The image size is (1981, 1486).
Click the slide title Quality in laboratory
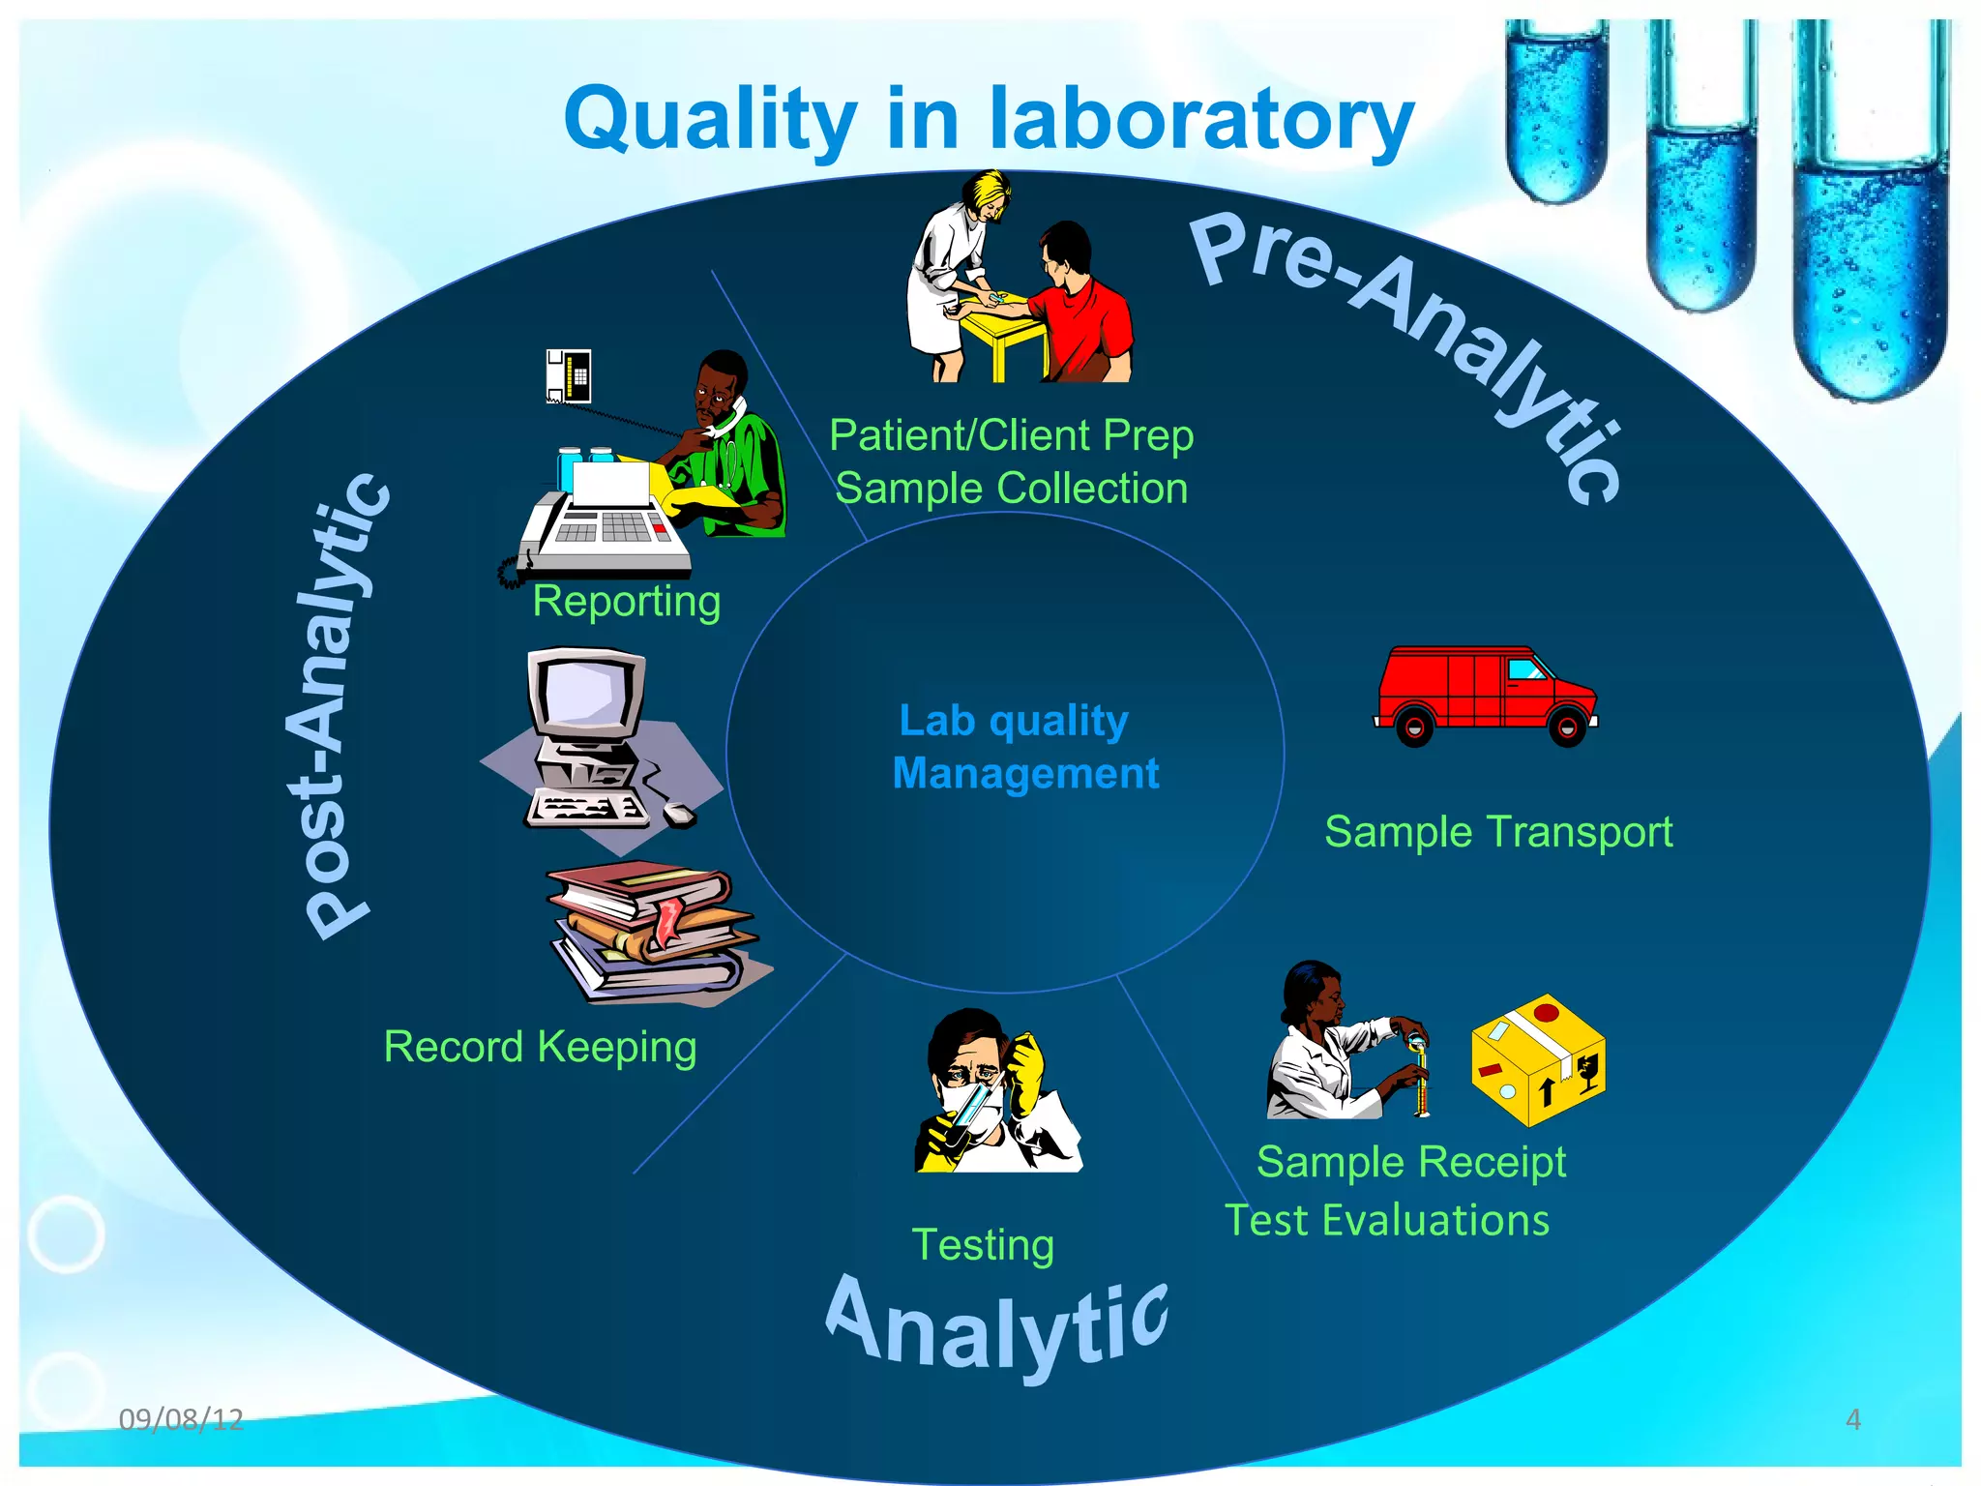click(x=989, y=119)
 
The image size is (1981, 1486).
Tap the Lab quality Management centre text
click(x=1020, y=747)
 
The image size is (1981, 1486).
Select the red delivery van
click(x=1485, y=695)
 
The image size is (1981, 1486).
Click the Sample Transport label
click(x=1497, y=832)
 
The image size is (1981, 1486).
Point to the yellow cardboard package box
click(x=1538, y=1060)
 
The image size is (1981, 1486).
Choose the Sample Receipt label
click(x=1410, y=1162)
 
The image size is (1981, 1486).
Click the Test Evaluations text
click(x=1387, y=1220)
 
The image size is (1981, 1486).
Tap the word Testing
click(x=983, y=1245)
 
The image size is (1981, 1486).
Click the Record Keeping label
click(x=540, y=1047)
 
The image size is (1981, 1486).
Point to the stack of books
click(x=654, y=933)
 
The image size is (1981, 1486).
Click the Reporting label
click(x=626, y=602)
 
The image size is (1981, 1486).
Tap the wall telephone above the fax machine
click(x=569, y=375)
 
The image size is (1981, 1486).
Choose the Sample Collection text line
click(x=1011, y=489)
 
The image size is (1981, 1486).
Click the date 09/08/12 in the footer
click(x=181, y=1419)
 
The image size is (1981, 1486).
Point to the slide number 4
click(x=1852, y=1419)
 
